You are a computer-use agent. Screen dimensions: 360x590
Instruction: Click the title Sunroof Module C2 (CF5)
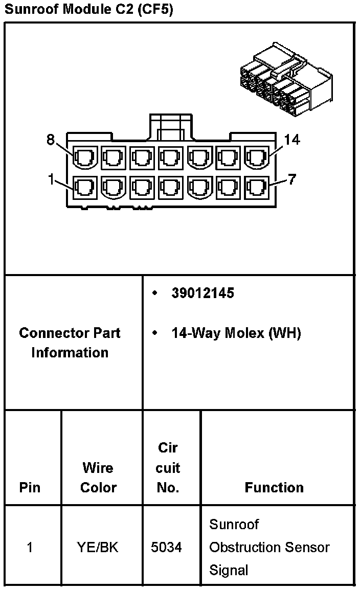[88, 10]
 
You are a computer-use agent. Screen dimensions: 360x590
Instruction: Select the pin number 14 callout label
[292, 140]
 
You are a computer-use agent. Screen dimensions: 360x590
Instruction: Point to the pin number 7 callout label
[291, 180]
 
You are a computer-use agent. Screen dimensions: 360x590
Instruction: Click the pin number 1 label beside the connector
[51, 179]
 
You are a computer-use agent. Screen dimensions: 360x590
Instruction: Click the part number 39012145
[202, 293]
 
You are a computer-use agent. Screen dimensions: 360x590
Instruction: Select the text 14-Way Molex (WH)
[236, 333]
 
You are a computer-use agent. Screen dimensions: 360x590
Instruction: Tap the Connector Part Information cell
[70, 343]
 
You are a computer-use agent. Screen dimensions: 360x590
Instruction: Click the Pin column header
[30, 487]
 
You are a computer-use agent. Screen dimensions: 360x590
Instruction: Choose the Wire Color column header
[98, 478]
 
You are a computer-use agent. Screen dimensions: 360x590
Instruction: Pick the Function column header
[274, 487]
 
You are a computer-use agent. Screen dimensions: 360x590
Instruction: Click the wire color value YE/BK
[98, 547]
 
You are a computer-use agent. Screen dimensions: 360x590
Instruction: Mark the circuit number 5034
[166, 547]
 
